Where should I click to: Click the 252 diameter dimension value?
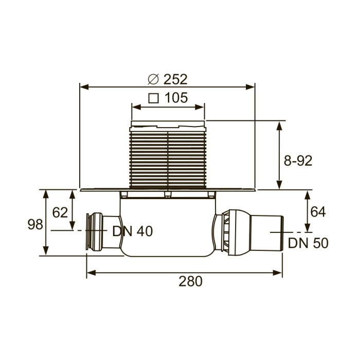(175, 79)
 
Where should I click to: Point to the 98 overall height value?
(35, 225)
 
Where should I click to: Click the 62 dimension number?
(60, 212)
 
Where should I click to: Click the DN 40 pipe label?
(132, 231)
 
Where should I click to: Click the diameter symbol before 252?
(153, 79)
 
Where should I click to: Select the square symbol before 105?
(153, 98)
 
